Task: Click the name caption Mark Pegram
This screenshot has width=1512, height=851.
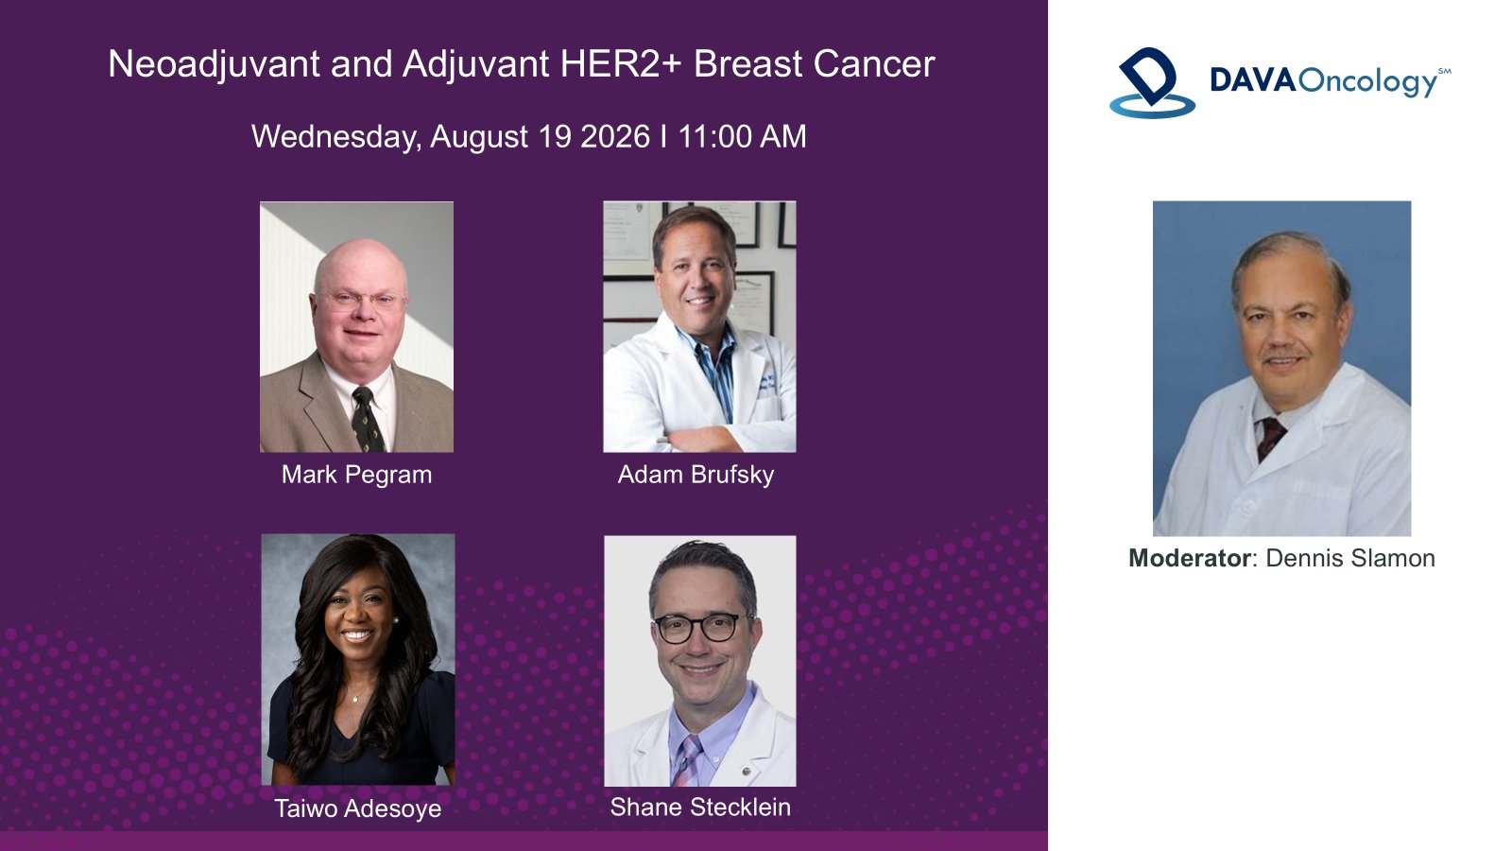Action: click(356, 475)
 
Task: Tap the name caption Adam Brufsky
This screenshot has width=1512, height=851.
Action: click(696, 475)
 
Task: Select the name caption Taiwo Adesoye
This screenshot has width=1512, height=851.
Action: click(358, 808)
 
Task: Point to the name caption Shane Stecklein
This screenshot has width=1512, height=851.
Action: click(700, 808)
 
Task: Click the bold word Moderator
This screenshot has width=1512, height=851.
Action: click(1190, 559)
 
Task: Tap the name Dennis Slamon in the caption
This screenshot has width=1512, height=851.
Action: click(1350, 559)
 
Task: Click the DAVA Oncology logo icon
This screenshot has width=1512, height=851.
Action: click(1152, 82)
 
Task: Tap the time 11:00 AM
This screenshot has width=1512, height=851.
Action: click(742, 136)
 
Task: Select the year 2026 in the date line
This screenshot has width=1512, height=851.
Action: click(614, 136)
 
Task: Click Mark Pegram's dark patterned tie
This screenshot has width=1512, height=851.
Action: click(368, 420)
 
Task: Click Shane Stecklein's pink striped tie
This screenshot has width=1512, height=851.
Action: click(688, 760)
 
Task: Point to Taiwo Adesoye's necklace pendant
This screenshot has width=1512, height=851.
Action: click(355, 699)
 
